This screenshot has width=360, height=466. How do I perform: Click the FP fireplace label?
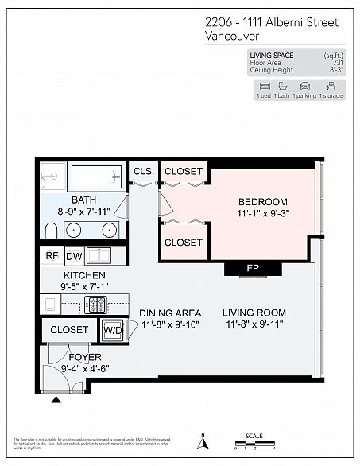pyautogui.click(x=253, y=268)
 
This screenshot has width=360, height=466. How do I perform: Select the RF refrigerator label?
pyautogui.click(x=52, y=256)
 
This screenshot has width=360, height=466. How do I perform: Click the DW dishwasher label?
pyautogui.click(x=73, y=256)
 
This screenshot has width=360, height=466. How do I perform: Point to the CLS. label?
pyautogui.click(x=143, y=171)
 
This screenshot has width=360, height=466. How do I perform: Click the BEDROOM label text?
pyautogui.click(x=262, y=202)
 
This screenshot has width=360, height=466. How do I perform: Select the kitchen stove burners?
pyautogui.click(x=96, y=305)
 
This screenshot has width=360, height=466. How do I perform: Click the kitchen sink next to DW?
pyautogui.click(x=99, y=256)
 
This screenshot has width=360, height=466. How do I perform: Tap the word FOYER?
pyautogui.click(x=84, y=357)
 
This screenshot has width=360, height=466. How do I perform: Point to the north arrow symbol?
pyautogui.click(x=203, y=440)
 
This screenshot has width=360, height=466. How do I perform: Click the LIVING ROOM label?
pyautogui.click(x=254, y=313)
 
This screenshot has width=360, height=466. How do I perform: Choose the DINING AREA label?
pyautogui.click(x=170, y=313)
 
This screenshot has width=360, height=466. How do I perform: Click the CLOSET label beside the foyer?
pyautogui.click(x=69, y=329)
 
